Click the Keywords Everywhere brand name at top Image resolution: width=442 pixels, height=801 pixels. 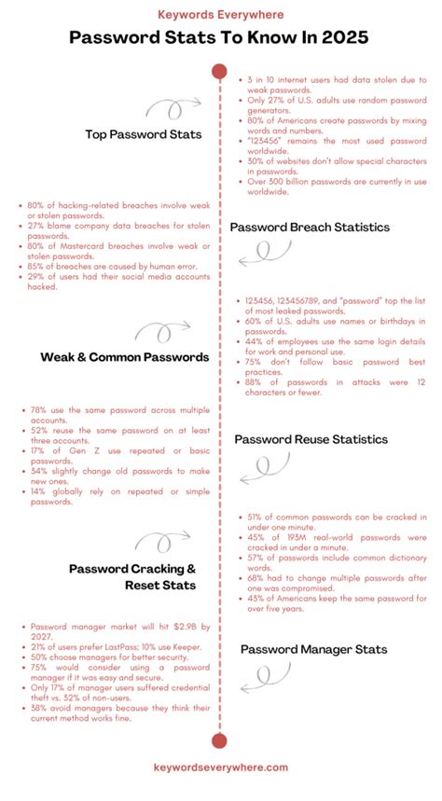221,15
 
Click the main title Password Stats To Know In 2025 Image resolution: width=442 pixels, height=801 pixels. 221,39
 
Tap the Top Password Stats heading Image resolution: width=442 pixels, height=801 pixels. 143,134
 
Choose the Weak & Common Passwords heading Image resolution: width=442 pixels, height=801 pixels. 124,357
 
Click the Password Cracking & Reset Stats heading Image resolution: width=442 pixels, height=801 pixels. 131,576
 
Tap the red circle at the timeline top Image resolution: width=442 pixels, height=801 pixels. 220,71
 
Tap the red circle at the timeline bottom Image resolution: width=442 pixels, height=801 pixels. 220,741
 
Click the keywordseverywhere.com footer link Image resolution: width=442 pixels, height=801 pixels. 221,766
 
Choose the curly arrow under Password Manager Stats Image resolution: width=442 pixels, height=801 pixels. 265,678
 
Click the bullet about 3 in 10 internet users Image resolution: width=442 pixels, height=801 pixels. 336,88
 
